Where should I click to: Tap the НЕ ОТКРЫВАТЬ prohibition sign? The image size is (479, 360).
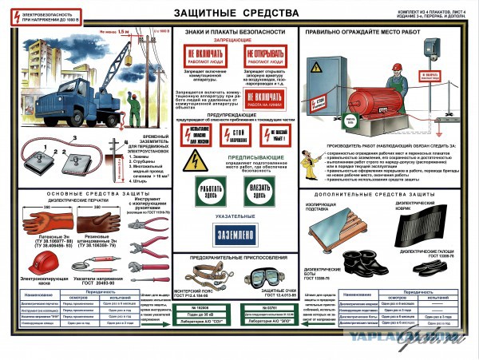coord(266,57)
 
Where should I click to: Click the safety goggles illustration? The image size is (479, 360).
coord(265,277)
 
